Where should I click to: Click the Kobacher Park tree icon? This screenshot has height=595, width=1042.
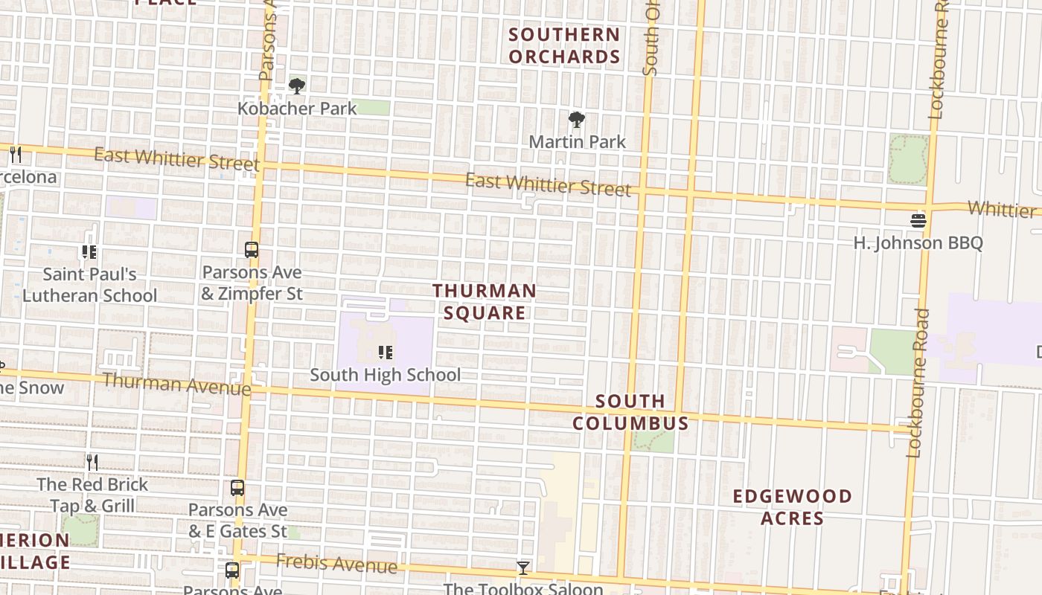pyautogui.click(x=297, y=86)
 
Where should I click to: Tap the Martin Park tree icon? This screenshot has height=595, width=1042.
pyautogui.click(x=576, y=119)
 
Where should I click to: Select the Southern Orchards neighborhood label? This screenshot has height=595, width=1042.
pyautogui.click(x=564, y=45)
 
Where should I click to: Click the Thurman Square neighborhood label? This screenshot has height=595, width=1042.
pyautogui.click(x=485, y=301)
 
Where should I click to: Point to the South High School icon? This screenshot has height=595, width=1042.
pyautogui.click(x=385, y=352)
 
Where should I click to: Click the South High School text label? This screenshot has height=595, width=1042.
pyautogui.click(x=385, y=375)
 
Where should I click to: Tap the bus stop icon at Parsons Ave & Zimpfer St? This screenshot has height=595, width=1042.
pyautogui.click(x=252, y=250)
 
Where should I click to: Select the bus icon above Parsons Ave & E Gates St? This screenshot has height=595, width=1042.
pyautogui.click(x=237, y=488)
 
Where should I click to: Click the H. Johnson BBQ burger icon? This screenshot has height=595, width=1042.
pyautogui.click(x=918, y=220)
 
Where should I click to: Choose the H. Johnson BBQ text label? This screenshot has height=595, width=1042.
pyautogui.click(x=918, y=243)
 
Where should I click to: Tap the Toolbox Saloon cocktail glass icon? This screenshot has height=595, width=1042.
pyautogui.click(x=523, y=569)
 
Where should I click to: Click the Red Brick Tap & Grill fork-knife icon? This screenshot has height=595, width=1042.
pyautogui.click(x=92, y=462)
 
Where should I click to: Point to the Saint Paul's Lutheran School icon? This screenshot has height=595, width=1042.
pyautogui.click(x=89, y=252)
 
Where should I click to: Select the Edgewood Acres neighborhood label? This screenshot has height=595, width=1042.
pyautogui.click(x=792, y=506)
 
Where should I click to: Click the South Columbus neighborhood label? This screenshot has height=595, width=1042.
pyautogui.click(x=630, y=412)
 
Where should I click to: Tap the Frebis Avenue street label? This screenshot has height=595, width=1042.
pyautogui.click(x=336, y=564)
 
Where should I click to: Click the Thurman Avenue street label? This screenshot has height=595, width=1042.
pyautogui.click(x=177, y=384)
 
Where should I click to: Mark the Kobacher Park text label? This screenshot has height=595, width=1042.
pyautogui.click(x=297, y=109)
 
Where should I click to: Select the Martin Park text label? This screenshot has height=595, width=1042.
pyautogui.click(x=577, y=141)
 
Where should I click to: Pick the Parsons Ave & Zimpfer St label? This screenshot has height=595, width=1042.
pyautogui.click(x=252, y=283)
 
